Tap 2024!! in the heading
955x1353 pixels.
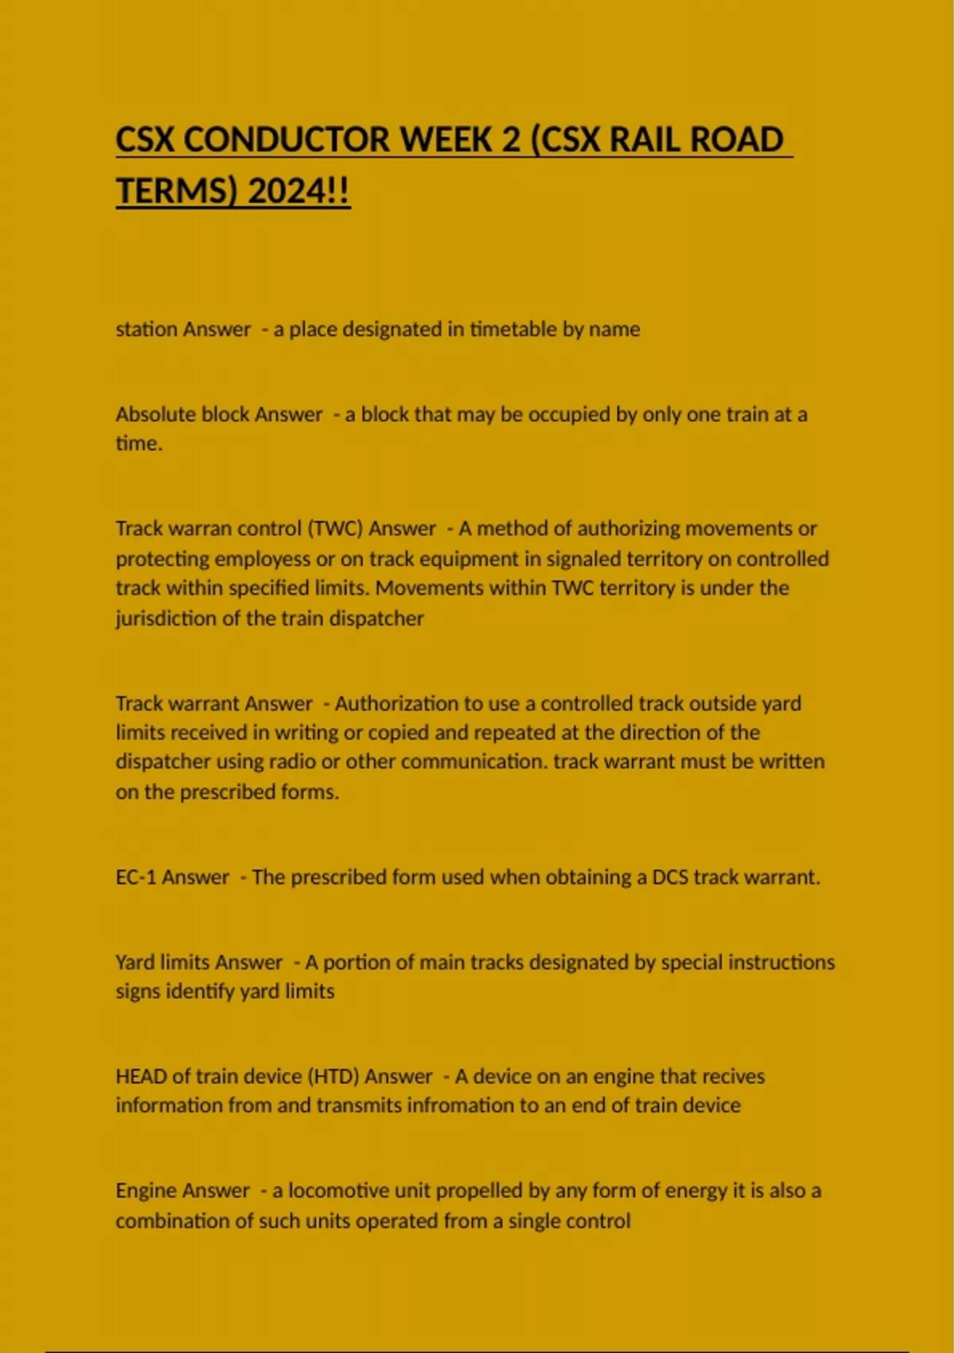(298, 191)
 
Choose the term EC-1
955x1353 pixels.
(136, 877)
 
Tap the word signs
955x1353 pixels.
(138, 992)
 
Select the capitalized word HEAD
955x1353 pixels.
(141, 1077)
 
